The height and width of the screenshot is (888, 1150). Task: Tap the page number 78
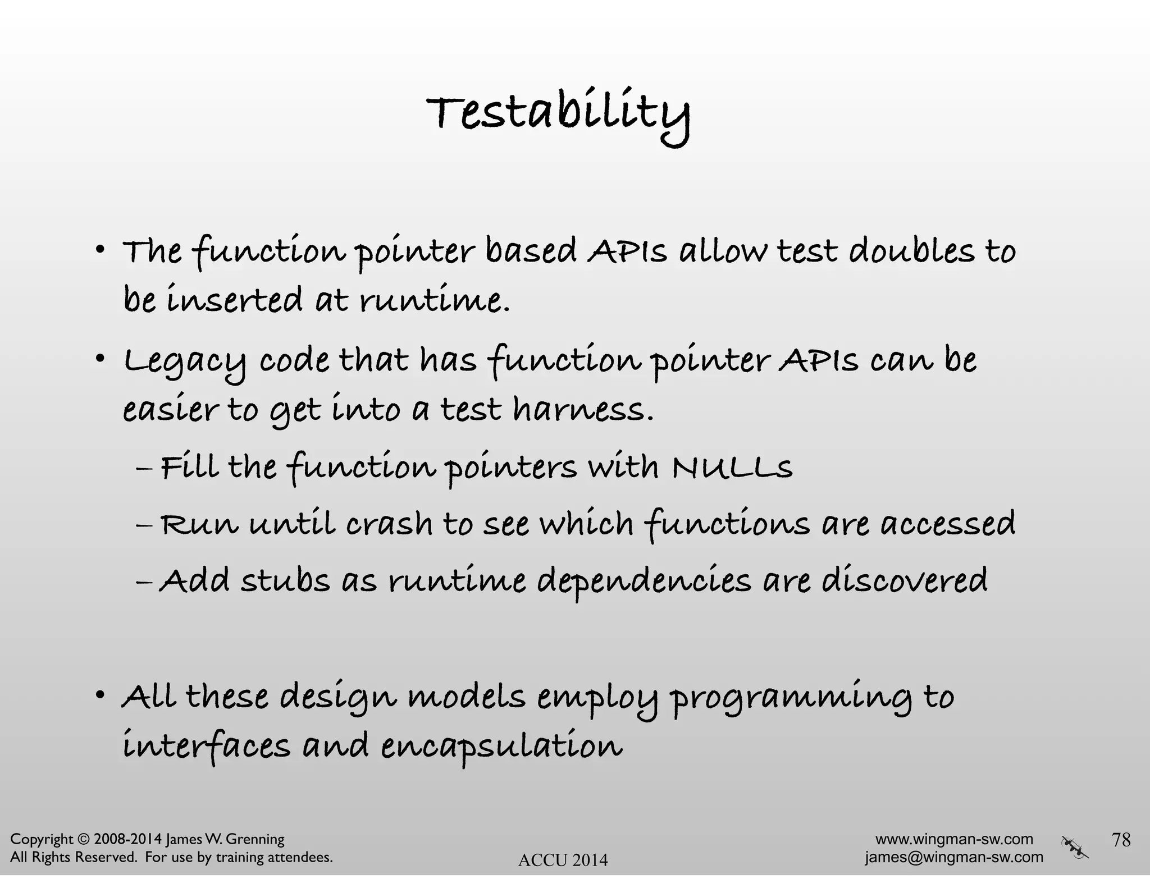click(1121, 839)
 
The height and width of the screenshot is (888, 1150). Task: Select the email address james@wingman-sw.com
click(954, 857)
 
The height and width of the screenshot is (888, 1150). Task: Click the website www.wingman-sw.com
click(954, 839)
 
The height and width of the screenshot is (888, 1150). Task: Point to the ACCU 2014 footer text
click(563, 860)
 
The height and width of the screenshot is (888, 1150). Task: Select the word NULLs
click(732, 466)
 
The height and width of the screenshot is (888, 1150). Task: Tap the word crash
click(389, 524)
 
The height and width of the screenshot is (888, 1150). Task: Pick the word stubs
click(285, 580)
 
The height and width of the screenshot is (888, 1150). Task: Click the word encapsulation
click(501, 747)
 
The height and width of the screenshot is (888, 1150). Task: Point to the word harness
click(583, 410)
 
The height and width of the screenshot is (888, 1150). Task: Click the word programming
click(791, 698)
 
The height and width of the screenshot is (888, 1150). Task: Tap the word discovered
click(904, 580)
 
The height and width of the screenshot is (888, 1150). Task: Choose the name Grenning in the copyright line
click(256, 840)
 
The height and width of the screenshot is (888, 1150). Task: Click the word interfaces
click(207, 747)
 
